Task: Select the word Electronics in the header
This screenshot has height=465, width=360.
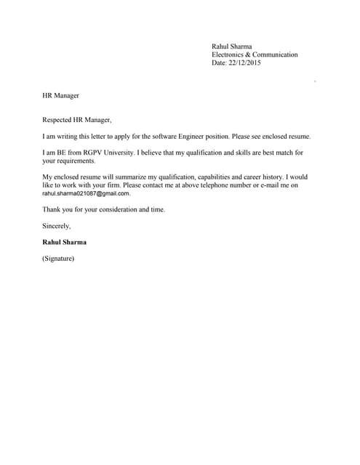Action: tap(228, 54)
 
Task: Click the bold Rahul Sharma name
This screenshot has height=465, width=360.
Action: tap(65, 242)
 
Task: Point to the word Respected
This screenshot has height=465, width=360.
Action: tap(57, 119)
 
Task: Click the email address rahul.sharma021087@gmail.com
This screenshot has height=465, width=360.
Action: tap(86, 194)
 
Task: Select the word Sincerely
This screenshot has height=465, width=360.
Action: tap(56, 226)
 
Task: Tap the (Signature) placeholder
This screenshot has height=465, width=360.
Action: tap(58, 258)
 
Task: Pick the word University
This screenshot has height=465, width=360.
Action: tap(111, 153)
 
